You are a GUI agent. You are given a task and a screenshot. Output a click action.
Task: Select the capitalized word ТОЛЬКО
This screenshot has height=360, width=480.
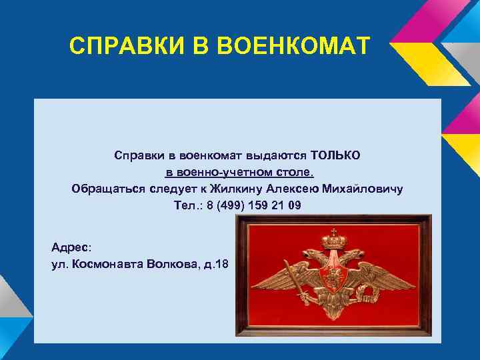tap(335, 155)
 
